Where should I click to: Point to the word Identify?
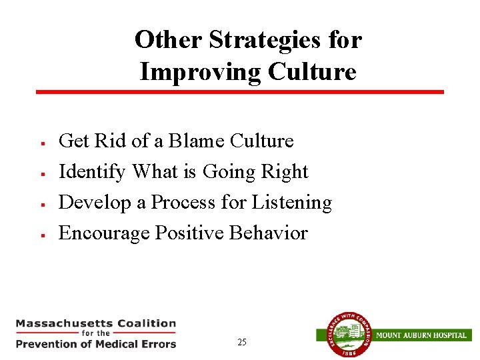coord(92,172)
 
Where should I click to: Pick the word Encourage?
coord(104,233)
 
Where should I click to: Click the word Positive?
coord(189,233)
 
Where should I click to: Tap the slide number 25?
coord(241,343)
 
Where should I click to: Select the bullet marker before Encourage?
coord(42,235)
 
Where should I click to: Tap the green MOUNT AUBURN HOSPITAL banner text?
coord(421,335)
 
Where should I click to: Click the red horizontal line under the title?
coord(240,92)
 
